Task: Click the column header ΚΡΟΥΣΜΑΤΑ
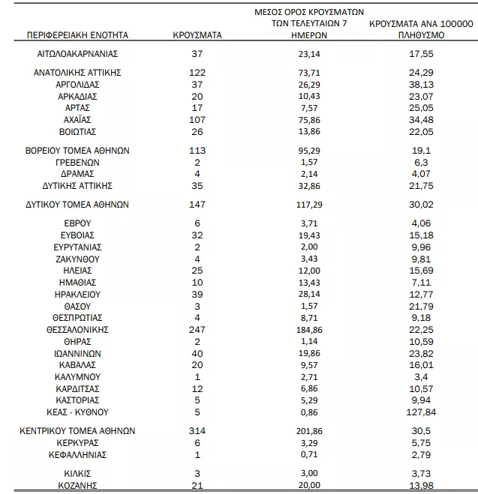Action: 196,35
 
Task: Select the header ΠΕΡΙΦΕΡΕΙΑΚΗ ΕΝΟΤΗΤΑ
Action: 78,35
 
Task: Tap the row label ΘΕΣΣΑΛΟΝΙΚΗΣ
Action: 78,329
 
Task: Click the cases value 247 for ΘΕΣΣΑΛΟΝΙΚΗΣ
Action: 196,329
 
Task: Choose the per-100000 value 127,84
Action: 419,412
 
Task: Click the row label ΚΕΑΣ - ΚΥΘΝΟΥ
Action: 78,412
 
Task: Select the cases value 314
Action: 196,431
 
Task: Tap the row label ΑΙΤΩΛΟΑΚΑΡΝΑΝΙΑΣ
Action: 78,54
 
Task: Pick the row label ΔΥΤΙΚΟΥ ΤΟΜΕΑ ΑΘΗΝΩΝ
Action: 78,204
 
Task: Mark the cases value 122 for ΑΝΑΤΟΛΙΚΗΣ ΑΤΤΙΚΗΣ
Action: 196,73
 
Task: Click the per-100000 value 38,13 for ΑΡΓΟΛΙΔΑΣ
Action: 419,85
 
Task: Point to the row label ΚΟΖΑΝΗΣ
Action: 78,485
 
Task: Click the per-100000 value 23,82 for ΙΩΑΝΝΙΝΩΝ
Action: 419,353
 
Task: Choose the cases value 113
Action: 196,150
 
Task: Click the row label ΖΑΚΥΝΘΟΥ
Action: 78,259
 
